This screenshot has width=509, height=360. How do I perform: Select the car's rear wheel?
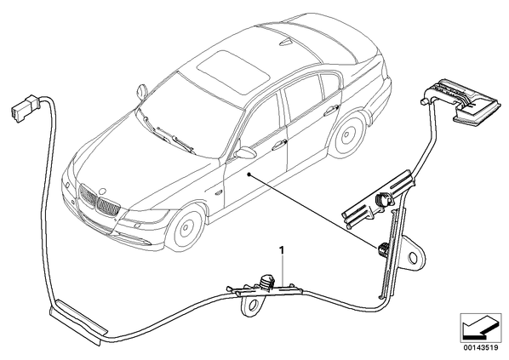click(x=347, y=133)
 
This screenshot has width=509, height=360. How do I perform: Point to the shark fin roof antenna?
click(x=286, y=43)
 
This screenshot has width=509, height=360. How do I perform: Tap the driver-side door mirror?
click(x=245, y=152)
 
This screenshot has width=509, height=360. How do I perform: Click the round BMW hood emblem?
click(x=103, y=191)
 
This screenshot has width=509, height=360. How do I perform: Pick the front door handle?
click(x=279, y=145)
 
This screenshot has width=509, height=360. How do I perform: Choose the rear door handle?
click(x=331, y=110)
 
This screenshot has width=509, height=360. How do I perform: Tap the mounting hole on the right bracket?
click(x=414, y=257)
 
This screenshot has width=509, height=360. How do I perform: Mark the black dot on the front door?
click(x=249, y=174)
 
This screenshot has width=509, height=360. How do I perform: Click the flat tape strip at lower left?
click(x=78, y=321)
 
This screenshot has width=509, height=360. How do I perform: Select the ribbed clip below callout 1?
click(x=267, y=282)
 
